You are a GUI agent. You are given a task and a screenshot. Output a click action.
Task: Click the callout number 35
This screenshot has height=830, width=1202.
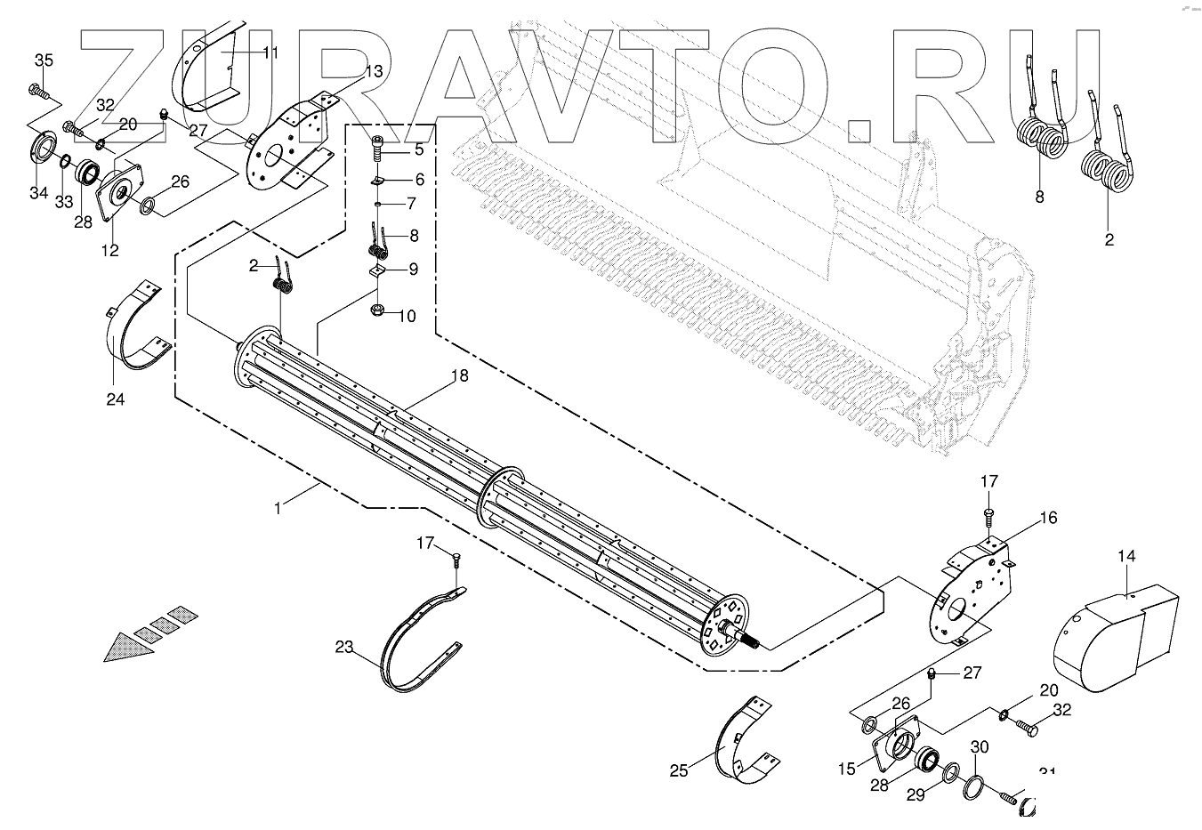tap(44, 60)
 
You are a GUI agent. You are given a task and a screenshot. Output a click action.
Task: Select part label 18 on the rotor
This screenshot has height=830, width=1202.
tap(458, 376)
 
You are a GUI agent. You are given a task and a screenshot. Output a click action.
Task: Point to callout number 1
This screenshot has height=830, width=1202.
tap(278, 508)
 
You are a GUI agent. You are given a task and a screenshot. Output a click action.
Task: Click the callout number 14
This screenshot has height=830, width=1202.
tap(1126, 557)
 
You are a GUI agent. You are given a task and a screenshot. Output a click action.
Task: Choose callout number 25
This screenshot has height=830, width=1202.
tap(679, 770)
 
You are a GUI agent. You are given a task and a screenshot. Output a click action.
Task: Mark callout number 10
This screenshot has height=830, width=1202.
tap(407, 316)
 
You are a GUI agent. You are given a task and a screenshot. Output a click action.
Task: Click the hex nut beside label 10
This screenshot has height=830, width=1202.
tap(377, 312)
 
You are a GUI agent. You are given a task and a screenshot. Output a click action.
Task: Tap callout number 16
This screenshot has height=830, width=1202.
tap(1048, 517)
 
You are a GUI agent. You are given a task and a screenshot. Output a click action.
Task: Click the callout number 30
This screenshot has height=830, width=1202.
tap(979, 747)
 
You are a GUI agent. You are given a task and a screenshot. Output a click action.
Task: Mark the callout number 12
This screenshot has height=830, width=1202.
tap(109, 251)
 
